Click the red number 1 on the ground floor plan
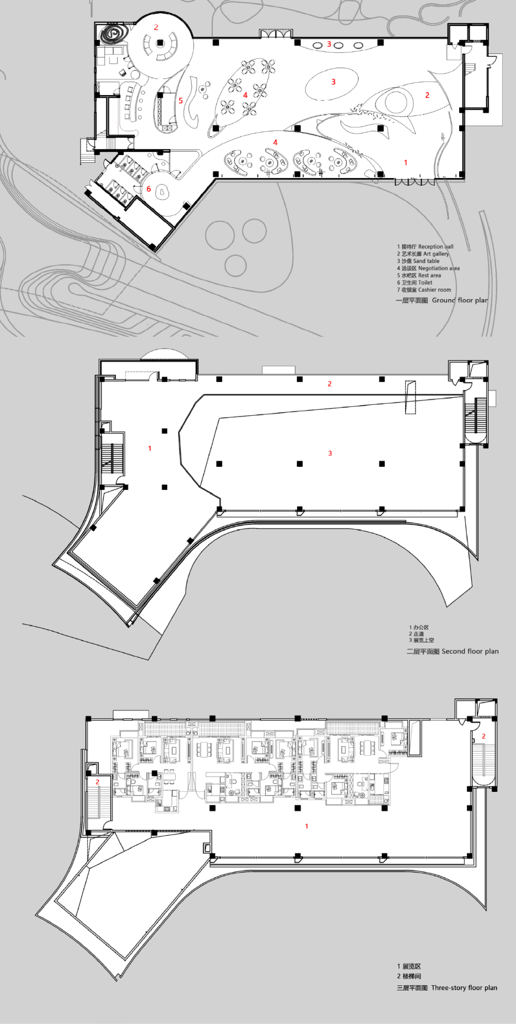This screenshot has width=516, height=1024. click(x=406, y=163)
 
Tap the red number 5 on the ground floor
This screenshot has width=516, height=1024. click(x=181, y=101)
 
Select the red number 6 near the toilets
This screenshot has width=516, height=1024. click(x=149, y=189)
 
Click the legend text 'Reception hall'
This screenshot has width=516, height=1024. click(x=435, y=247)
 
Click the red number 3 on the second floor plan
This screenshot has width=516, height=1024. click(x=330, y=454)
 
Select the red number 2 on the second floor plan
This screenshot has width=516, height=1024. click(x=330, y=384)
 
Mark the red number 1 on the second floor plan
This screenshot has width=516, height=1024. click(x=150, y=448)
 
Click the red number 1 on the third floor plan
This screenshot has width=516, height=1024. click(x=307, y=826)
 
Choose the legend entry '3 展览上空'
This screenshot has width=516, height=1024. click(x=421, y=640)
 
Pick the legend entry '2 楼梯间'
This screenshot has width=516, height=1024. click(x=409, y=976)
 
